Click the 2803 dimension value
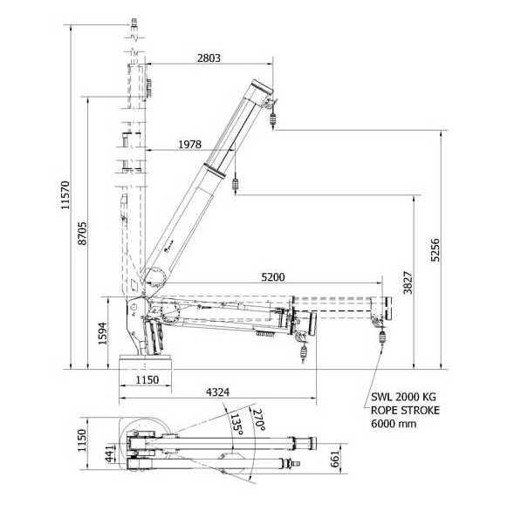coord(209,58)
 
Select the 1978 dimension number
coord(189,145)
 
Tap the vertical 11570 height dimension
coord(65,195)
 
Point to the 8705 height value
coord(82,234)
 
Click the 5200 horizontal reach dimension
coord(273,277)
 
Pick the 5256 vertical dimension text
coord(435,250)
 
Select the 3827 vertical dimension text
coord(408,283)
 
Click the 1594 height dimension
coord(103,333)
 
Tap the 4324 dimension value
coord(217,392)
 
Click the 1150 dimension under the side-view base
coord(147,379)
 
